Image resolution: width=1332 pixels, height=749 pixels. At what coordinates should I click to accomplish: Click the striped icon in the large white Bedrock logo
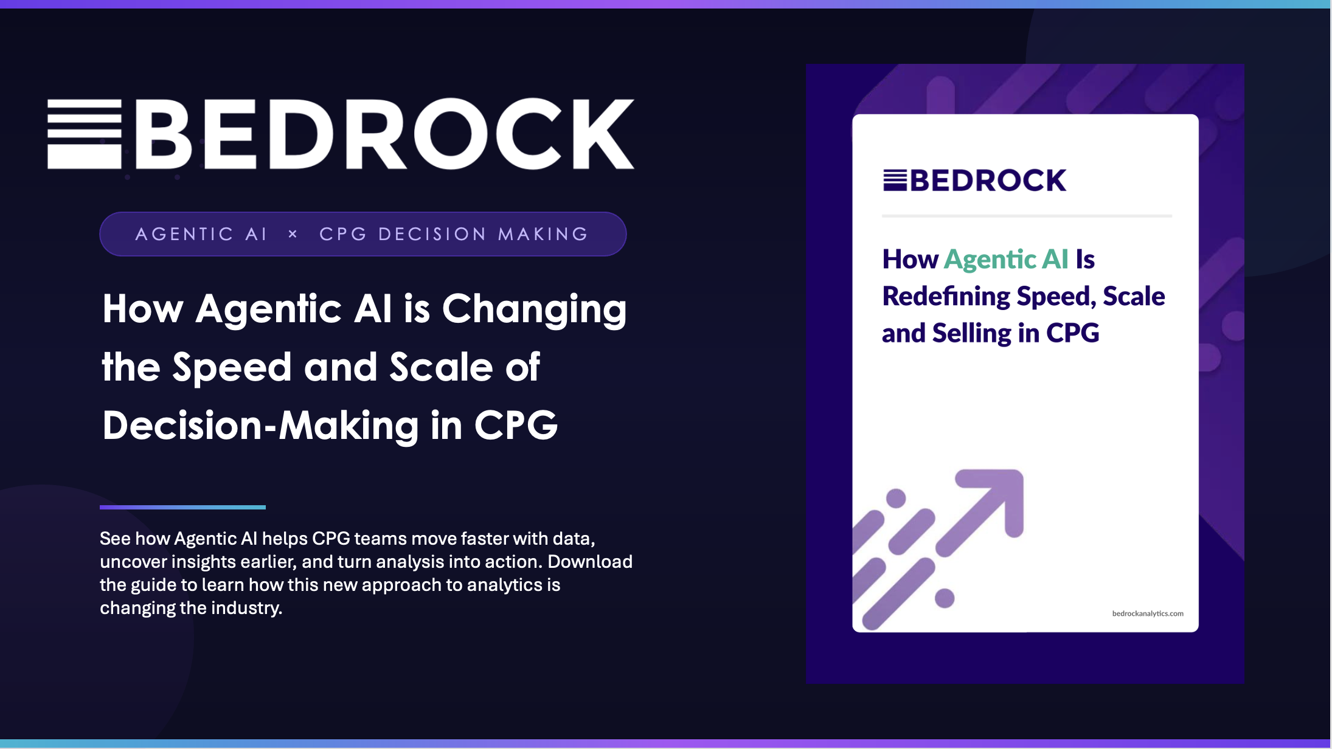click(85, 134)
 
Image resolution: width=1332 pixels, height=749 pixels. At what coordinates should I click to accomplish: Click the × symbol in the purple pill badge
click(293, 233)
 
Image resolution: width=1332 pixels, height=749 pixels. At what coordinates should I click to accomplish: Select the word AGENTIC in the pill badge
click(184, 234)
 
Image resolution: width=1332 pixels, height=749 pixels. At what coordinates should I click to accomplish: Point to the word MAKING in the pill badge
click(543, 234)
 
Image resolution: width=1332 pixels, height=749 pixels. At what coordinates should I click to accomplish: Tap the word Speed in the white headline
click(232, 367)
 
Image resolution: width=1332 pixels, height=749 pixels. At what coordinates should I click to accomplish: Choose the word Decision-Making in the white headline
click(260, 425)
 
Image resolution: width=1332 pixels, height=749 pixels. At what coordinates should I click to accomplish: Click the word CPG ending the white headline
click(516, 425)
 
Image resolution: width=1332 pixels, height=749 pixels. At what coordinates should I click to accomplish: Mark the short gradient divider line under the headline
click(182, 507)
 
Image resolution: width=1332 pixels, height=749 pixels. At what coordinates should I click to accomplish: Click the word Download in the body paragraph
click(590, 561)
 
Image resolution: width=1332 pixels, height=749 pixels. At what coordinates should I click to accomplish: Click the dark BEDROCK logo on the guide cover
click(974, 181)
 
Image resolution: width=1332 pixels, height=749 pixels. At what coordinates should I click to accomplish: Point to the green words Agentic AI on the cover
click(1006, 260)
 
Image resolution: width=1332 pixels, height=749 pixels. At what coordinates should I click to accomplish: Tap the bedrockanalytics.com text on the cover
click(1148, 613)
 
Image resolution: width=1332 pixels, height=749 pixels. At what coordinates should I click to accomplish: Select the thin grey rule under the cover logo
click(1027, 216)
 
